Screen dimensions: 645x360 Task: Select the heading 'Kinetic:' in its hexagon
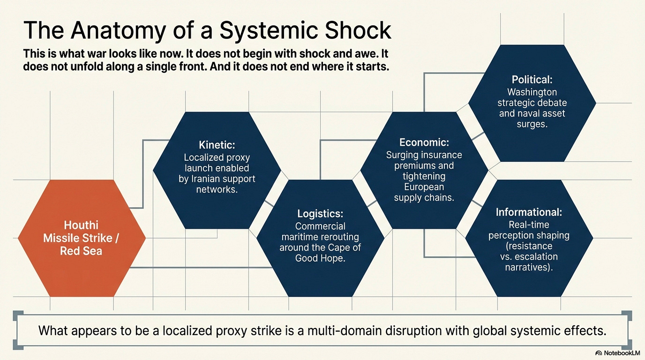(x=217, y=144)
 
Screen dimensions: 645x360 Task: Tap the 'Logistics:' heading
(x=320, y=213)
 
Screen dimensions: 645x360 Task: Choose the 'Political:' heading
(x=532, y=80)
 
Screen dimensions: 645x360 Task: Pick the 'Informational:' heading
(x=529, y=212)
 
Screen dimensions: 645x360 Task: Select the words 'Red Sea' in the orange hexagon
(x=82, y=251)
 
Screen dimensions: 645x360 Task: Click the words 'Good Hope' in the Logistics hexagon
(x=320, y=258)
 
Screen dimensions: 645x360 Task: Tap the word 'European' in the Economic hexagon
(x=424, y=187)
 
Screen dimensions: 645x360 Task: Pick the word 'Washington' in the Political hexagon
(x=532, y=92)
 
